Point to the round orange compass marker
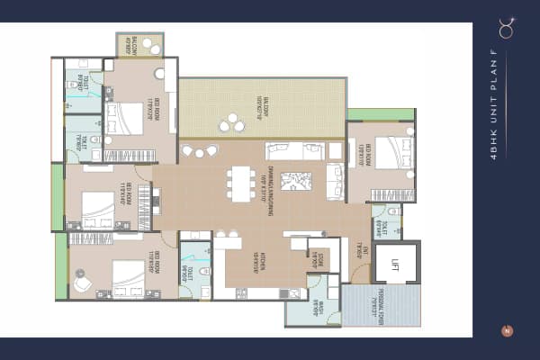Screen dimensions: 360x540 coord(507,330)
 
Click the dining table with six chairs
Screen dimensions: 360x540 coord(240,183)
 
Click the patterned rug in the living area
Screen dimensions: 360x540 coord(295,180)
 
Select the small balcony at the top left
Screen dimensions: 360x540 coord(139,45)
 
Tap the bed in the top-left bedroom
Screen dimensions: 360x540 coord(124,118)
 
